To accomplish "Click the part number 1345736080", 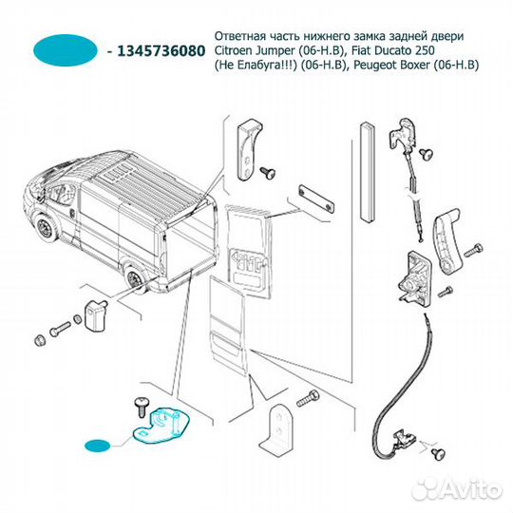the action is tap(161, 51).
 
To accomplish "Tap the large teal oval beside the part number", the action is tap(66, 50).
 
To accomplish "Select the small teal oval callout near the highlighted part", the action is tap(98, 446).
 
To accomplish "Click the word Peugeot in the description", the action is tap(373, 66).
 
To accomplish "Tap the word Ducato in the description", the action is tap(395, 50).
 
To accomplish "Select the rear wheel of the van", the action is tap(135, 279).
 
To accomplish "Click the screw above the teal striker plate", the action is tap(142, 407).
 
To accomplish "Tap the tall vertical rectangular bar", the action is tap(367, 172).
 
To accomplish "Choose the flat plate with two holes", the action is tap(316, 199).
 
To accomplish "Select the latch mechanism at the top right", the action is tap(404, 134).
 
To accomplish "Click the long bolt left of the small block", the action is tap(60, 329).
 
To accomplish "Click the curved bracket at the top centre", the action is tap(249, 150).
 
